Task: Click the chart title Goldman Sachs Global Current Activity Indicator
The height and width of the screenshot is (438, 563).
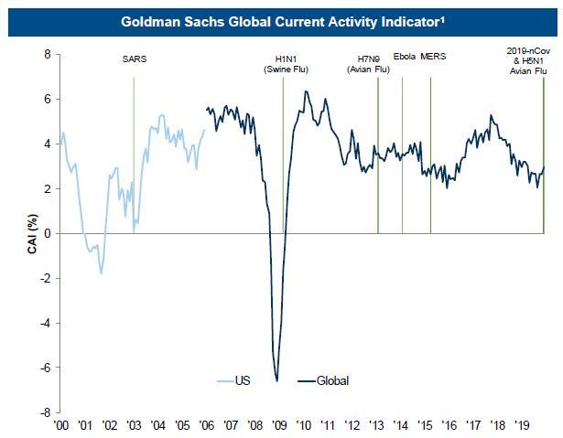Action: coord(281,18)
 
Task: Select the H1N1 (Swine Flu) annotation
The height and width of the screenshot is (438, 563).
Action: coord(282,63)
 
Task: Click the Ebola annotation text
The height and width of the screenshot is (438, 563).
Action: coord(404,58)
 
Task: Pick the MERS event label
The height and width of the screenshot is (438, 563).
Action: coord(433,58)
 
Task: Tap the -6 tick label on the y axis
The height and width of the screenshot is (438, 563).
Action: coord(43,368)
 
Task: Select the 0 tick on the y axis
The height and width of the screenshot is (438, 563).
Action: coord(46,233)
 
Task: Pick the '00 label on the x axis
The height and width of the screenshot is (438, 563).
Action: coord(62,425)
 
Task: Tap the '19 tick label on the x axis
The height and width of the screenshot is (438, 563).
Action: coord(521,425)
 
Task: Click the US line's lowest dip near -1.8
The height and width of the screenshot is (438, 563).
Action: coord(101,272)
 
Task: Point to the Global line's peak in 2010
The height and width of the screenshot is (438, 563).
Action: coord(305,91)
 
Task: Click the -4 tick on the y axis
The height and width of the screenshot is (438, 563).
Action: coord(43,323)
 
